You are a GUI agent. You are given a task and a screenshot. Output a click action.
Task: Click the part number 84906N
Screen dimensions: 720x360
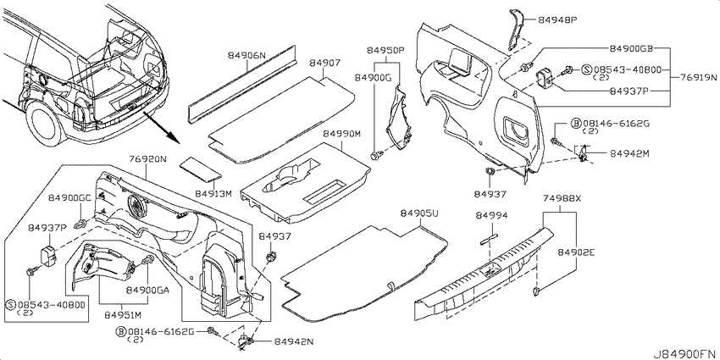[x=247, y=56]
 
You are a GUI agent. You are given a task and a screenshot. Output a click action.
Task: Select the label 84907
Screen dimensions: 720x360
[x=324, y=63]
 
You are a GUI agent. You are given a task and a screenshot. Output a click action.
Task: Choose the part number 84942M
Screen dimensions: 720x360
[x=629, y=153]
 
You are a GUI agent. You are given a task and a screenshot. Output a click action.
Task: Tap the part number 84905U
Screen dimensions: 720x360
[x=419, y=213]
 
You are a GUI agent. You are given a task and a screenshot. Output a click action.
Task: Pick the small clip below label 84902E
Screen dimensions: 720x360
[x=536, y=291]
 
